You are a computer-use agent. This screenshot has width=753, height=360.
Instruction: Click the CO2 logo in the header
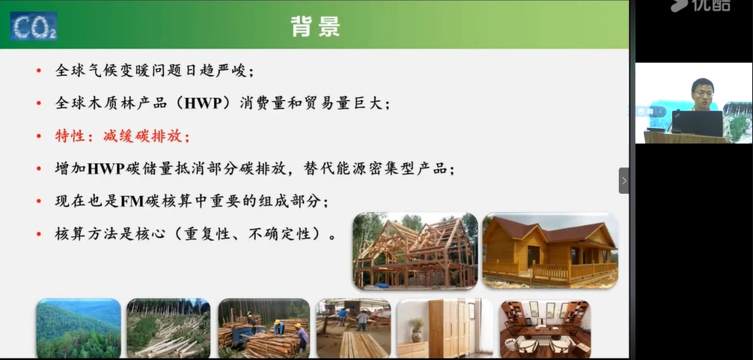coord(34,26)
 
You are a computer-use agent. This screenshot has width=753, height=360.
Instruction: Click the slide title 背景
coord(315,26)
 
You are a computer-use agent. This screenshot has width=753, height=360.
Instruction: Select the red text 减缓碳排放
coord(143,136)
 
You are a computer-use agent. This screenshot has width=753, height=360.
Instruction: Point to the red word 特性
coord(71,136)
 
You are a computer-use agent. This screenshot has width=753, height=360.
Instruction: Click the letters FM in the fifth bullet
coord(132,201)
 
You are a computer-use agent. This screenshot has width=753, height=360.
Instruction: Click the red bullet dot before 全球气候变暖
coord(39,71)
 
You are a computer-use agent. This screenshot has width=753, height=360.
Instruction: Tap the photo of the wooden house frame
coord(415,251)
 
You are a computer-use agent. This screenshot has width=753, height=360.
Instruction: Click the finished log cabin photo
coord(550,251)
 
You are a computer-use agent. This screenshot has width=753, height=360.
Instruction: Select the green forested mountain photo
coord(79,329)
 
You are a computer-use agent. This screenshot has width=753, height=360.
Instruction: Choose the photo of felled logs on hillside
coord(168,329)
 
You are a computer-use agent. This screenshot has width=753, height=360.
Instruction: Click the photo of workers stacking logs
coord(263,329)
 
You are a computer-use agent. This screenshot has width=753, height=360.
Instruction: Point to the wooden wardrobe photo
coord(445,329)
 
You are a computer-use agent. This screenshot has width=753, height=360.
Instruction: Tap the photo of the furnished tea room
coord(545,329)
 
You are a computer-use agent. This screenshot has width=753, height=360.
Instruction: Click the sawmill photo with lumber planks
coord(353,329)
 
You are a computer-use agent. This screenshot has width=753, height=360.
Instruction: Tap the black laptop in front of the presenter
coord(697,123)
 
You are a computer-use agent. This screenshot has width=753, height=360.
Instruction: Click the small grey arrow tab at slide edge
coord(624,180)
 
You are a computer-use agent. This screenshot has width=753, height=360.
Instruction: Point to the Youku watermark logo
coord(701,4)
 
